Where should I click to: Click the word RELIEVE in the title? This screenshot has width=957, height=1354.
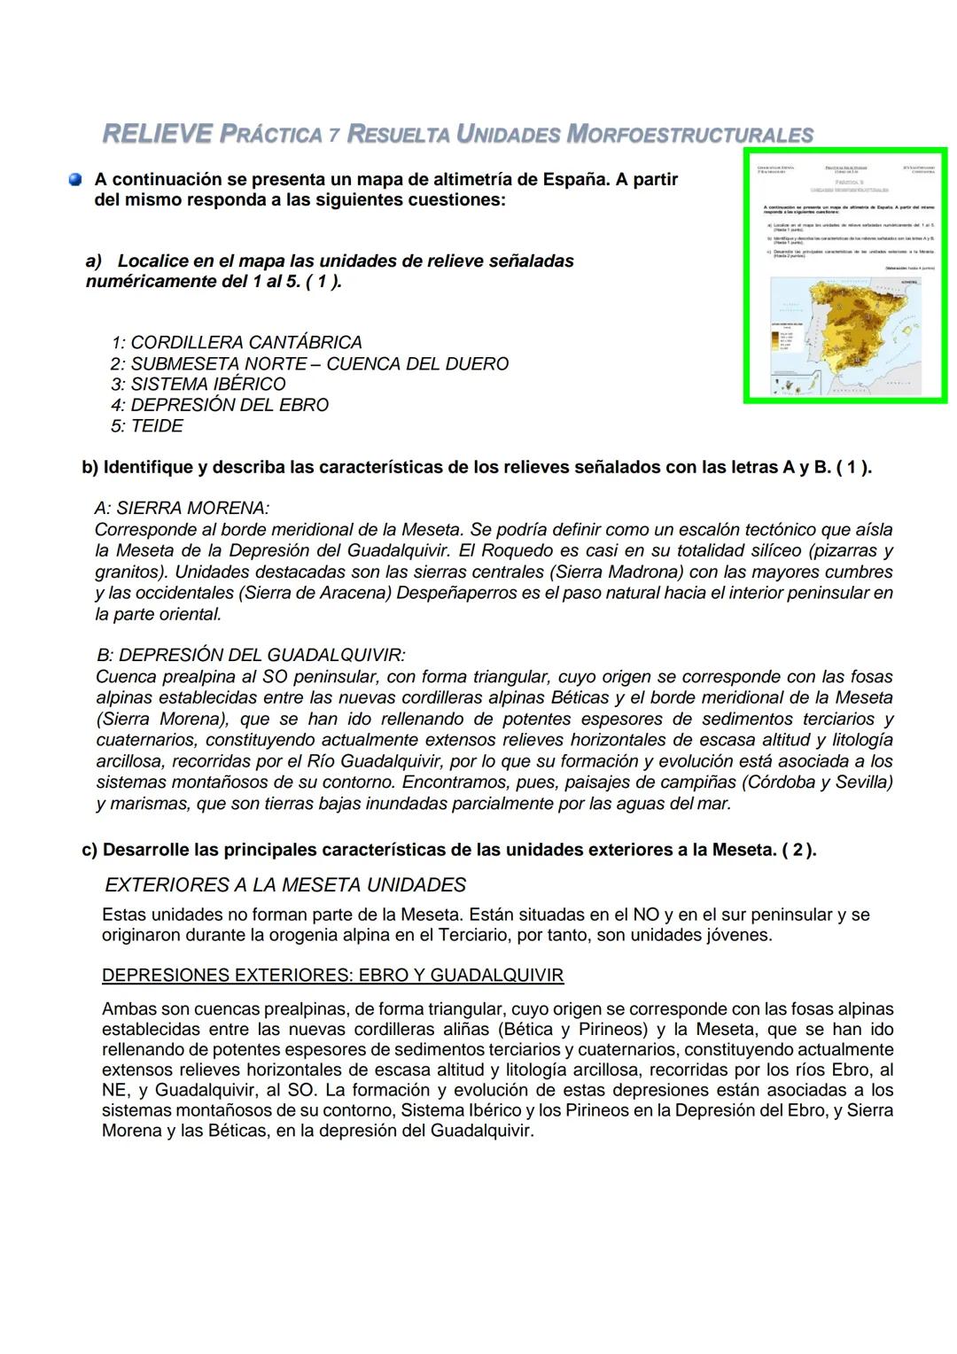click(158, 135)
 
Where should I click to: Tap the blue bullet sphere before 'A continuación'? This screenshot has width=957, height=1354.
click(75, 180)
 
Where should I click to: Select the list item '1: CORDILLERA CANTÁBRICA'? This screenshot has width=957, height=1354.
click(237, 342)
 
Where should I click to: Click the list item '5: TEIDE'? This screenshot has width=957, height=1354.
click(147, 426)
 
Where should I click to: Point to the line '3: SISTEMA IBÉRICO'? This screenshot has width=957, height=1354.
click(198, 385)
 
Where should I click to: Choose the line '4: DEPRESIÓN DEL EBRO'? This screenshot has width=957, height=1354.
click(220, 405)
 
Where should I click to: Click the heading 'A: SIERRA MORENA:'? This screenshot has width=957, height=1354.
click(182, 509)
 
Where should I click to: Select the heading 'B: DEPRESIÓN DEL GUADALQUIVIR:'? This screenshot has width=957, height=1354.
click(251, 656)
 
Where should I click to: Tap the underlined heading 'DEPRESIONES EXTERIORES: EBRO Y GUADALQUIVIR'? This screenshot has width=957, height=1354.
click(332, 976)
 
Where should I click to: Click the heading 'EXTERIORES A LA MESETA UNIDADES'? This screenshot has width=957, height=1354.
click(285, 885)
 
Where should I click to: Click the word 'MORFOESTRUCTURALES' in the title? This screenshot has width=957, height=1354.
click(689, 136)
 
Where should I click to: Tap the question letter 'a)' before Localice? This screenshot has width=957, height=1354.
click(94, 261)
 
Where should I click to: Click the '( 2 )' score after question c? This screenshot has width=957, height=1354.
click(797, 850)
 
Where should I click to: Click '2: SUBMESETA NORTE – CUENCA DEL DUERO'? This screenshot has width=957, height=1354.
click(310, 364)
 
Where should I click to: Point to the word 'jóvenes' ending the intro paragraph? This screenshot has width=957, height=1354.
click(737, 936)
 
